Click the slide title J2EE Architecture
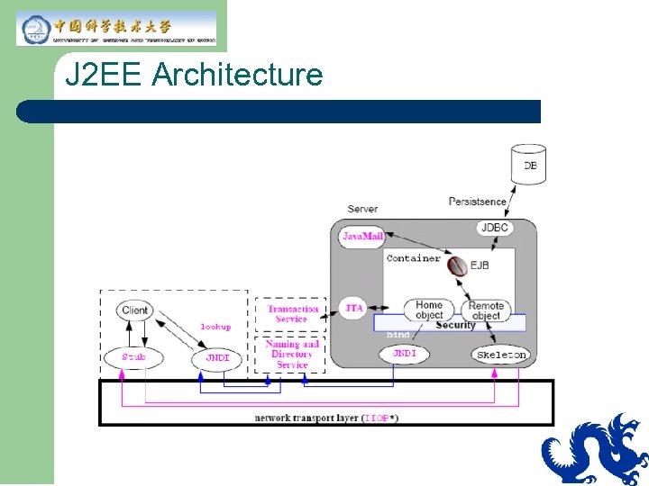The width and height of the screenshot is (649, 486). [194, 75]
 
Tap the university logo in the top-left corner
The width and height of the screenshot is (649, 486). [116, 29]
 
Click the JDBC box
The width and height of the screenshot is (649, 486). [495, 228]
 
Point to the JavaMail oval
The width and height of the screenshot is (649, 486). [362, 237]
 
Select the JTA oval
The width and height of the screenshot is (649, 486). [354, 308]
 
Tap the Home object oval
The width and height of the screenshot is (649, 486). [428, 310]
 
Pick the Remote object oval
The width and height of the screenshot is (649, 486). [486, 310]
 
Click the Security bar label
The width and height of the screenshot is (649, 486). [455, 325]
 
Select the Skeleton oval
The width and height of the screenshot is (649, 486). [500, 355]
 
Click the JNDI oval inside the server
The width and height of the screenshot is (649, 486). [404, 354]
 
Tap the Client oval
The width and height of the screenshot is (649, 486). [134, 310]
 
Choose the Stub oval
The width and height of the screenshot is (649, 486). [133, 357]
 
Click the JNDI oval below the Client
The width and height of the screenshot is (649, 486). [216, 357]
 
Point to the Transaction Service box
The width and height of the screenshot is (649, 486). [292, 314]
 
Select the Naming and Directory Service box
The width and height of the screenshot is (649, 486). [292, 354]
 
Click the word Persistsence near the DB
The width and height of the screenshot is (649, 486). [477, 202]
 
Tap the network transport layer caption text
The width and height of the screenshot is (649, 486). [326, 418]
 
